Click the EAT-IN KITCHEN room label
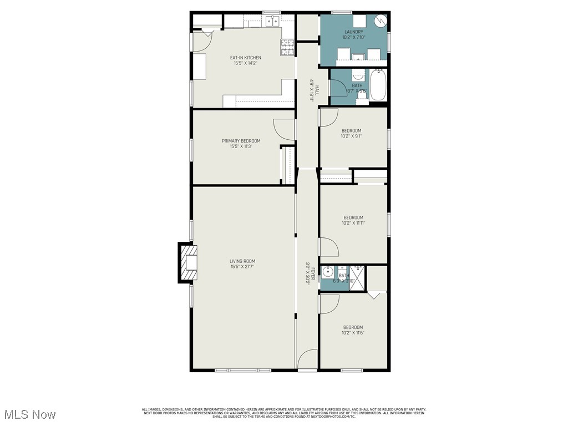pos(245,58)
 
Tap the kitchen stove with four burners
pos(287,48)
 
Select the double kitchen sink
pos(272,22)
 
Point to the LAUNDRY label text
pos(353,32)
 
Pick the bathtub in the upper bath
pos(378,84)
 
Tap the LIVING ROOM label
pos(242,261)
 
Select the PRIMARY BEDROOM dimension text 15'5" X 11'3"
pos(241,146)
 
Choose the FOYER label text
pos(312,271)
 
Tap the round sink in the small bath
pos(328,272)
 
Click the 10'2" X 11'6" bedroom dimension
pos(353,333)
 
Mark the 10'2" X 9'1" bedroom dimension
pos(351,136)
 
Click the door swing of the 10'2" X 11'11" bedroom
pos(328,247)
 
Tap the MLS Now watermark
pos(29,414)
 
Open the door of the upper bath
pos(337,88)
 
